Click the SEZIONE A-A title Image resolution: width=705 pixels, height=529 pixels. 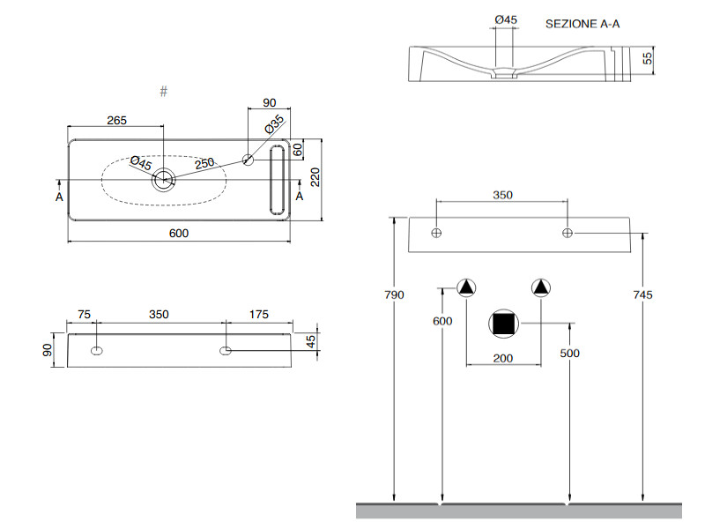click(x=583, y=24)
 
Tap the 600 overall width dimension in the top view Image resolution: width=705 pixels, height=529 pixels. click(x=179, y=233)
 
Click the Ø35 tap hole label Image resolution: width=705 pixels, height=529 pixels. click(x=274, y=124)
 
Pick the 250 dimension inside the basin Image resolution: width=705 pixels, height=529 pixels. click(x=204, y=163)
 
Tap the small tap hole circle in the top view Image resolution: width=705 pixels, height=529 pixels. click(x=249, y=160)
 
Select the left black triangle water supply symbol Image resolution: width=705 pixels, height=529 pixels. click(x=466, y=287)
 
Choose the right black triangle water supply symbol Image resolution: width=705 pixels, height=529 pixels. click(x=540, y=287)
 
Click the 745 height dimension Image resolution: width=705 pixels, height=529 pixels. click(x=642, y=294)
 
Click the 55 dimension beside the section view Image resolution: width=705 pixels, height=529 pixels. click(x=647, y=58)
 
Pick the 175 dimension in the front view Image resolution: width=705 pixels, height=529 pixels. click(x=258, y=315)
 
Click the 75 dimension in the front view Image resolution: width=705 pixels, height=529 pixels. click(x=85, y=315)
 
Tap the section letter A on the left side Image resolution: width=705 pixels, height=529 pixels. click(x=59, y=197)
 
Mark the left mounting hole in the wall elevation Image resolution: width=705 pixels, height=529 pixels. click(x=436, y=233)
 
